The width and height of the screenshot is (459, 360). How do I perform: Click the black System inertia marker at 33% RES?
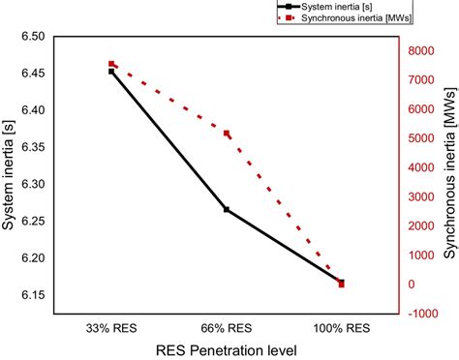(x=111, y=72)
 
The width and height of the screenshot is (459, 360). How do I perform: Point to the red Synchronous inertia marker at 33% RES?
(x=111, y=65)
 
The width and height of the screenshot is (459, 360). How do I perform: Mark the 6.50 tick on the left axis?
(x=32, y=37)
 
